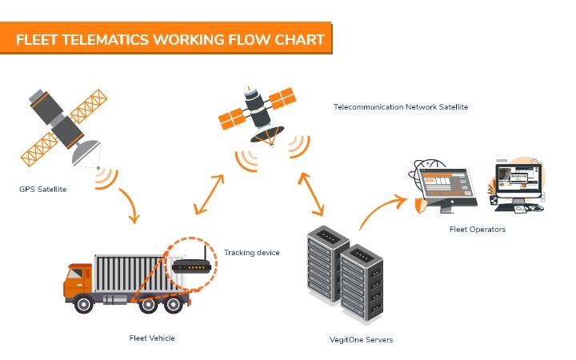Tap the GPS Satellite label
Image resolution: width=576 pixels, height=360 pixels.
[x=42, y=190]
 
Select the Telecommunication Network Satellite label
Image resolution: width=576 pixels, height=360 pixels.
[x=400, y=106]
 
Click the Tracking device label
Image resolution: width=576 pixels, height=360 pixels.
[x=251, y=253]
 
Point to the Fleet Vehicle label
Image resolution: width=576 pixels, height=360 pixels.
[x=151, y=338]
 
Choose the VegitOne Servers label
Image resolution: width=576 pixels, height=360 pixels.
[x=362, y=339]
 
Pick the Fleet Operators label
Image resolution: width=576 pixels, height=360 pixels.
[x=477, y=230]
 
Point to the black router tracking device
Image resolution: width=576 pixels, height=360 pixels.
[x=190, y=264]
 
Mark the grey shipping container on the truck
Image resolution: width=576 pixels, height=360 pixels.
[x=132, y=272]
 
